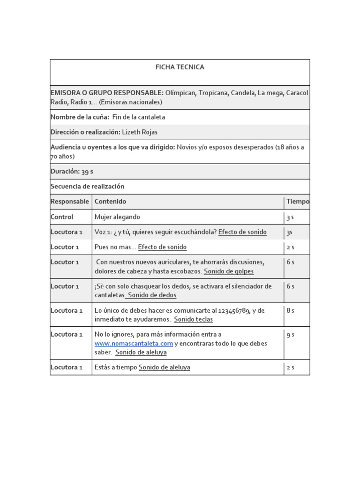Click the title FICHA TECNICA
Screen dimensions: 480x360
[x=180, y=67]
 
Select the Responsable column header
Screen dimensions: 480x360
[x=69, y=202]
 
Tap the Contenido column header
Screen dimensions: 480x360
[x=110, y=202]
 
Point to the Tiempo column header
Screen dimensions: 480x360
[x=298, y=202]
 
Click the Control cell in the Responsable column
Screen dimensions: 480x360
[x=62, y=217]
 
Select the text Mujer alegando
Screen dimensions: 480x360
[x=117, y=217]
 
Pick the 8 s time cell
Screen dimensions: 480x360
[x=290, y=310]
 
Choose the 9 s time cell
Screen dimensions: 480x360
[x=290, y=335]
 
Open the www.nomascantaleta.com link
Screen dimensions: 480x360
[x=134, y=344]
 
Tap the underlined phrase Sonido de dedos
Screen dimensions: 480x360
[x=152, y=295]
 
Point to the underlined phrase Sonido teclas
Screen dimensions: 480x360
[x=193, y=319]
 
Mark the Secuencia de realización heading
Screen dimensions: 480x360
[x=87, y=186]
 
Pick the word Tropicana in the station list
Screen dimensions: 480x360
[x=212, y=93]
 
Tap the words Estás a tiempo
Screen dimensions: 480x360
[x=115, y=367]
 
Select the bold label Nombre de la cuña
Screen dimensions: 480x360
[x=80, y=117]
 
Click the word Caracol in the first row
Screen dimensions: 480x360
[x=297, y=93]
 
